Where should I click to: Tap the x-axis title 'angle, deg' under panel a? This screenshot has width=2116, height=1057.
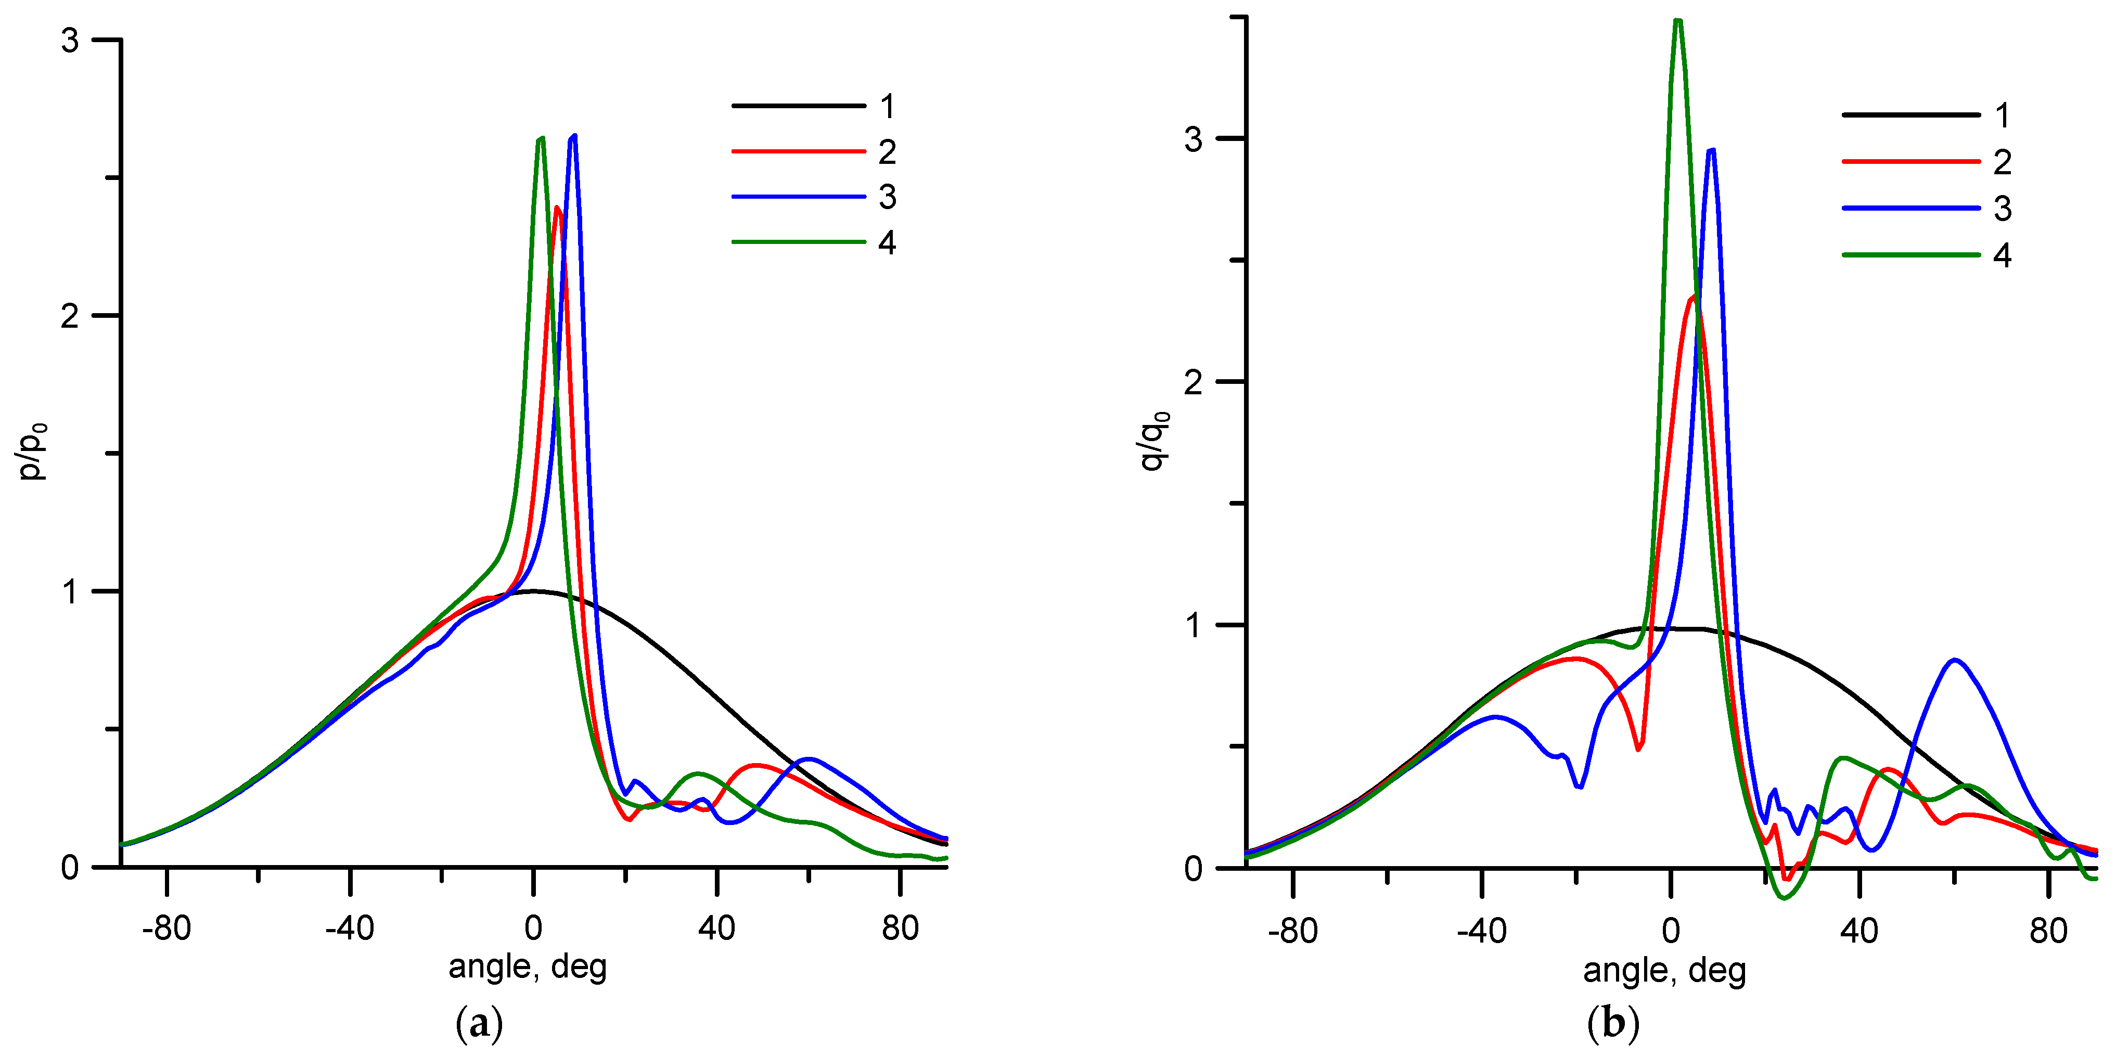coord(528,966)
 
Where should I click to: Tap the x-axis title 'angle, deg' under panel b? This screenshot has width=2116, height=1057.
coord(1664,970)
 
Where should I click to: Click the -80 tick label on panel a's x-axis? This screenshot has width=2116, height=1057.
coord(166,928)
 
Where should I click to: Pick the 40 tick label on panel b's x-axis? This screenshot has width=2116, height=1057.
coord(1859,931)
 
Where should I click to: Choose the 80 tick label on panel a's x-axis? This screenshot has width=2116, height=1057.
coord(900,928)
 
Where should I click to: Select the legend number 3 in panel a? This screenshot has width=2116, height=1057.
coord(887,197)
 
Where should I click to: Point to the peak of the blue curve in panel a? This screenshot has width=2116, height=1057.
coord(573,136)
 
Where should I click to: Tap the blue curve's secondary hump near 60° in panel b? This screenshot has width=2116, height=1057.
coord(1955,660)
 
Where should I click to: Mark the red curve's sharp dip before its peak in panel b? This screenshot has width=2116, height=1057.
coord(1638,748)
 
